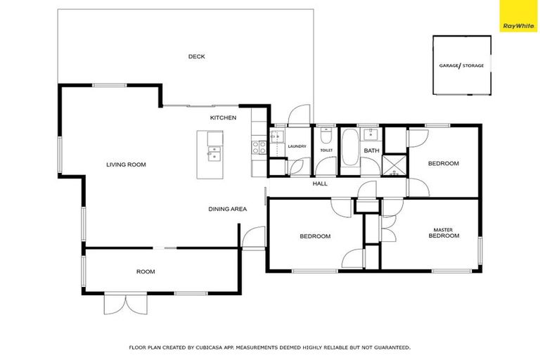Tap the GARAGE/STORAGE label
tap(461, 65)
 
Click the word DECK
tap(197, 57)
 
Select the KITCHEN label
tap(223, 117)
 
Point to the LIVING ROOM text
tap(126, 164)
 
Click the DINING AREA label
tap(227, 209)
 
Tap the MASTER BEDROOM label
tap(444, 233)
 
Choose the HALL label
tap(320, 184)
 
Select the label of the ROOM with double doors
tap(146, 271)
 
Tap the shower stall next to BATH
tap(393, 165)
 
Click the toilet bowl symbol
tap(326, 135)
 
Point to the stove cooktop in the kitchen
tap(259, 148)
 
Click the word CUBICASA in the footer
tap(210, 347)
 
